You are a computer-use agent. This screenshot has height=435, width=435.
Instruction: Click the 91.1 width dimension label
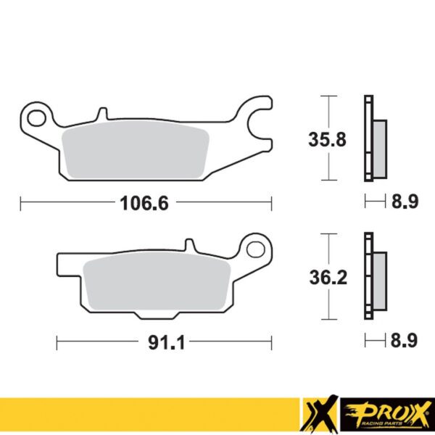coord(163,341)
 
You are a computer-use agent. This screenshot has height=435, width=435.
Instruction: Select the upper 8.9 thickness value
coord(405,204)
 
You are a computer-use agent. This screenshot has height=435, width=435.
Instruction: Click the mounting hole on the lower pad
coord(254,250)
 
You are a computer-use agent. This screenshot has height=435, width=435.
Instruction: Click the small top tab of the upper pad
coord(102,113)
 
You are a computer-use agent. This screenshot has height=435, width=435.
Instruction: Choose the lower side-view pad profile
coord(373,276)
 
